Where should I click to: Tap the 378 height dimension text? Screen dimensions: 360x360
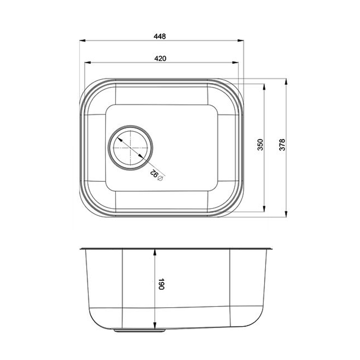click(x=282, y=145)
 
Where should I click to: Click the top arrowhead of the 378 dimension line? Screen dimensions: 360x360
click(x=286, y=81)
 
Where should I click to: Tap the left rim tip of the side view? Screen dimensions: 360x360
click(x=80, y=248)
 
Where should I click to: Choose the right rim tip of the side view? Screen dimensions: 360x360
click(x=273, y=248)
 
